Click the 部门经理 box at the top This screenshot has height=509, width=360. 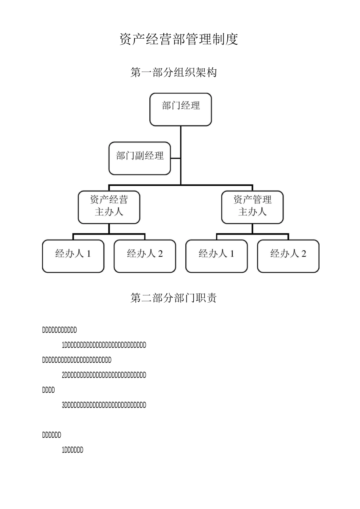180,109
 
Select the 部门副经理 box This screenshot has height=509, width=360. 139,158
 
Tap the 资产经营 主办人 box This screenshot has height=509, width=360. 109,207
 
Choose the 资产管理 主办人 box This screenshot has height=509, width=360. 252,207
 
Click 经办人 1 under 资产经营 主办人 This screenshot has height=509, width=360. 73,256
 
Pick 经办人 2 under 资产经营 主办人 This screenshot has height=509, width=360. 145,256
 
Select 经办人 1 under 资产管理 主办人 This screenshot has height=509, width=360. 216,256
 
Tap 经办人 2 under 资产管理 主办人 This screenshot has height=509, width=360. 288,256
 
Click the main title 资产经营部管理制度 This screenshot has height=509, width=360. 179,39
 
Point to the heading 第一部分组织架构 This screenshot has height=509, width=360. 174,72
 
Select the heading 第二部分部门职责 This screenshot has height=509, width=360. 174,298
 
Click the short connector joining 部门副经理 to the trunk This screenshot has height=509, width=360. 175,158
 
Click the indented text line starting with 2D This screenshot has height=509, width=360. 104,375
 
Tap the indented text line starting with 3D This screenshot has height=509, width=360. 104,405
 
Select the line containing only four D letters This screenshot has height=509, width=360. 49,390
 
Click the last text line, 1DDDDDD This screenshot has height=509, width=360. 72,450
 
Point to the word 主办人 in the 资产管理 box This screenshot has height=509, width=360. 252,212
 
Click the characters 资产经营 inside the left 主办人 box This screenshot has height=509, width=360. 109,200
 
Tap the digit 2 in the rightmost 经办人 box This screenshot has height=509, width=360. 304,254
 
